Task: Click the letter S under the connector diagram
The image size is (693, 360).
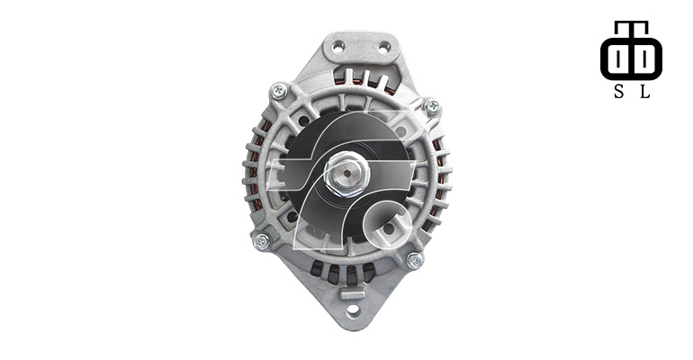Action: tap(619, 92)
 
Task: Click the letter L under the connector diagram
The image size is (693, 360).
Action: tap(644, 92)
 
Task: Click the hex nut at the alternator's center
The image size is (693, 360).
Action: tap(346, 174)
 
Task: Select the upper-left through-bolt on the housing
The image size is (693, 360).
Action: tap(278, 92)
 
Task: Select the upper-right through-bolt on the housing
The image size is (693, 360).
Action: tap(432, 106)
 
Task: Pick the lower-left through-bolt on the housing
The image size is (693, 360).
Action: tap(262, 241)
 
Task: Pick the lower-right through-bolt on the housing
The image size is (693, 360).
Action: tap(415, 260)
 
